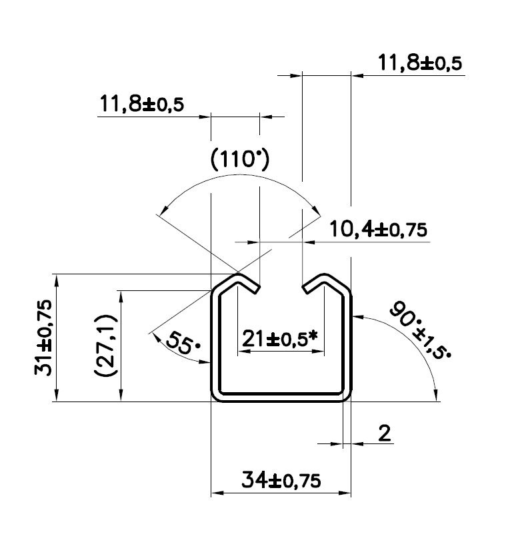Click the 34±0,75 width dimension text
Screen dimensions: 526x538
click(281, 480)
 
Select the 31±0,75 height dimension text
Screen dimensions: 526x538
click(43, 338)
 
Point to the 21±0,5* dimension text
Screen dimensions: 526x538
click(279, 339)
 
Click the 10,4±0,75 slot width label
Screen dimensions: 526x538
click(378, 229)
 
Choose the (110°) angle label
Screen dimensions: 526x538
click(240, 160)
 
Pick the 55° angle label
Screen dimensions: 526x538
click(183, 343)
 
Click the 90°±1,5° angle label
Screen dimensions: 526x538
click(420, 330)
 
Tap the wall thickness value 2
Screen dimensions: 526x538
click(385, 433)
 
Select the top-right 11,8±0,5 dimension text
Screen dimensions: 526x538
click(420, 63)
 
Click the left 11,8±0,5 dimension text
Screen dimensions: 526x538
click(141, 104)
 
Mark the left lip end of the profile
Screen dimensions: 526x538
click(258, 289)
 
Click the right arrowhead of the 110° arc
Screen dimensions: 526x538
click(315, 208)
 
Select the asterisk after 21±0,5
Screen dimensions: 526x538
click(313, 336)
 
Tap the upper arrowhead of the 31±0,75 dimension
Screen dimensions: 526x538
click(57, 280)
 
